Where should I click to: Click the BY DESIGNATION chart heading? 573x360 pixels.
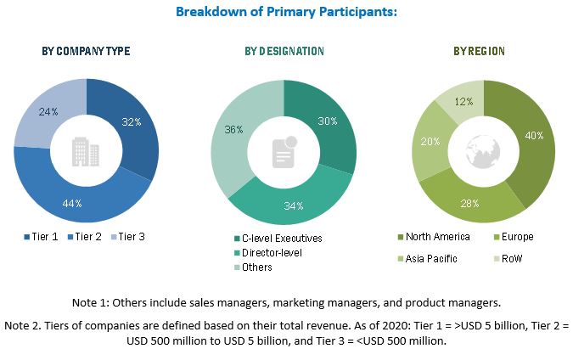click(x=284, y=52)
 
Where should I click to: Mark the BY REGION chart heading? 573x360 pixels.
click(x=479, y=52)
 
